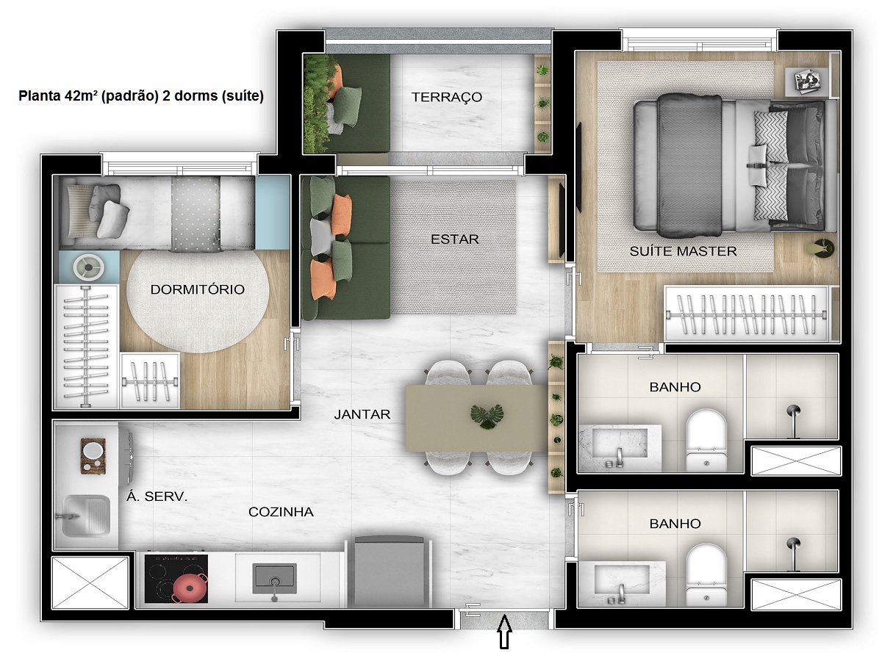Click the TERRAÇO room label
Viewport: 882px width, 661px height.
coord(446,97)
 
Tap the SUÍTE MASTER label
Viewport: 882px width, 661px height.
coord(683,251)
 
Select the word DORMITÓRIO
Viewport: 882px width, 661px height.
coord(197,289)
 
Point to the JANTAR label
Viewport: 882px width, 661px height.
coord(362,414)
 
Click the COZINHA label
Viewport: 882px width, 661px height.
coord(281,512)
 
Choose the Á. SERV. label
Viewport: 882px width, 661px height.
coord(157,496)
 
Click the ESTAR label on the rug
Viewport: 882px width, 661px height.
coord(455,239)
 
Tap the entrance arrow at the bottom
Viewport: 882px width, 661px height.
coord(504,632)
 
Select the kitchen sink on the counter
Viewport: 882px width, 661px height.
coord(274,578)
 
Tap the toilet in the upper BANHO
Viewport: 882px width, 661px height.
coord(705,438)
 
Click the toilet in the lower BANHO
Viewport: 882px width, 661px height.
coord(705,574)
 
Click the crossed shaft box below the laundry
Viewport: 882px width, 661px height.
coord(89,582)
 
